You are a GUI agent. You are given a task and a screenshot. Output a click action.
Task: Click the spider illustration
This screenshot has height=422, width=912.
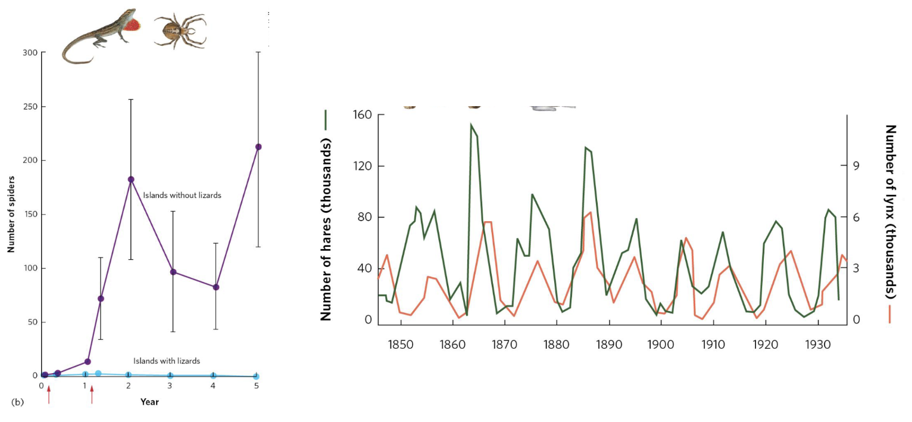[180, 31]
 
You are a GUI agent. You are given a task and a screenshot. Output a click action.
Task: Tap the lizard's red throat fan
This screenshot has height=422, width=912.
[135, 25]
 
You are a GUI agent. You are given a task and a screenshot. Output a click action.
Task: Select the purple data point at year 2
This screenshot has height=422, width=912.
[131, 179]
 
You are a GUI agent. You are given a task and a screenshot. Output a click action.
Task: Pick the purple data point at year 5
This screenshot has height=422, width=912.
[258, 147]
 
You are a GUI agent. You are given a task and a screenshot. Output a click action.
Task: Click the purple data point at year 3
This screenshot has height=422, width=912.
[173, 272]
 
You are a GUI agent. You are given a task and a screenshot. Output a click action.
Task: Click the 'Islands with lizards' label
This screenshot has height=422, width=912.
[167, 361]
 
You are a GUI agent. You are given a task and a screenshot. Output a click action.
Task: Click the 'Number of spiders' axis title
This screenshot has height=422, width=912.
[11, 215]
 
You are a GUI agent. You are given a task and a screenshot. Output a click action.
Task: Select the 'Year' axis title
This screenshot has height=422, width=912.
[149, 402]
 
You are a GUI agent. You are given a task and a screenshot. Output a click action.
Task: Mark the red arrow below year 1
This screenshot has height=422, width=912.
[92, 394]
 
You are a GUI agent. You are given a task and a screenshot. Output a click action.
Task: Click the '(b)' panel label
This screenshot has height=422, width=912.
[17, 402]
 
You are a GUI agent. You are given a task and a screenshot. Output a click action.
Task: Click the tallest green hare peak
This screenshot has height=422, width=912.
[471, 125]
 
